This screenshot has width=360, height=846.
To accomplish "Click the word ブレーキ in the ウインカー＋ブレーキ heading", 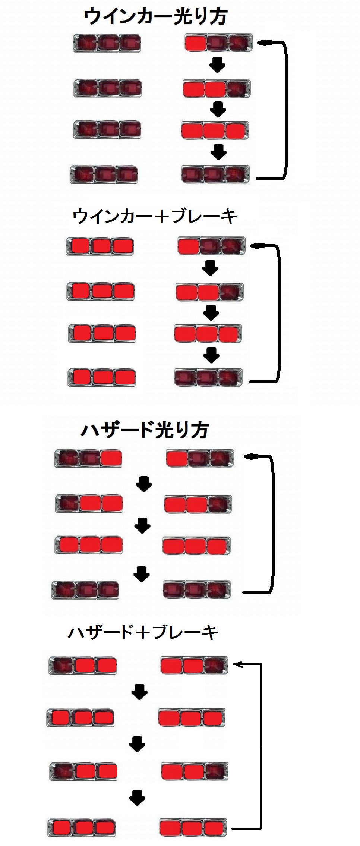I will (204, 217).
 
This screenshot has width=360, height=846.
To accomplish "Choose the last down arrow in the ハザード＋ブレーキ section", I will (137, 798).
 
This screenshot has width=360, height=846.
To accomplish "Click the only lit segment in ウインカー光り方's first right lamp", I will (195, 44).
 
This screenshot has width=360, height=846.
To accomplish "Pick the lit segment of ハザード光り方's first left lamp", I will (111, 458).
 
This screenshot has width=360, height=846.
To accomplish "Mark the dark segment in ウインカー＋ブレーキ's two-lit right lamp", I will (231, 292).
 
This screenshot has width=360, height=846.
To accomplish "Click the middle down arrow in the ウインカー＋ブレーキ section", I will (211, 312).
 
